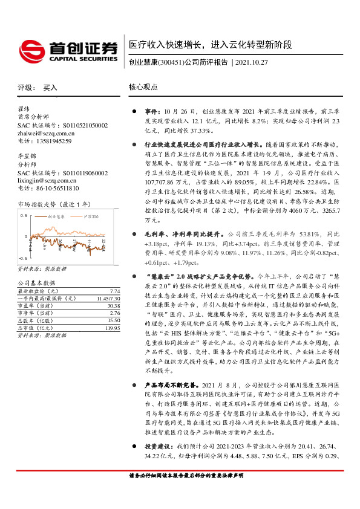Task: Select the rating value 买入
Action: (50, 88)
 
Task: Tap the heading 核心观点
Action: (143, 87)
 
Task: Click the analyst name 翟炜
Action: (24, 109)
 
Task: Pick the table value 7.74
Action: (116, 291)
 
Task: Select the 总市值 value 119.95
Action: (113, 328)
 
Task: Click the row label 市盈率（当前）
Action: (36, 306)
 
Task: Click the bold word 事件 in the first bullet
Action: (151, 112)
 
